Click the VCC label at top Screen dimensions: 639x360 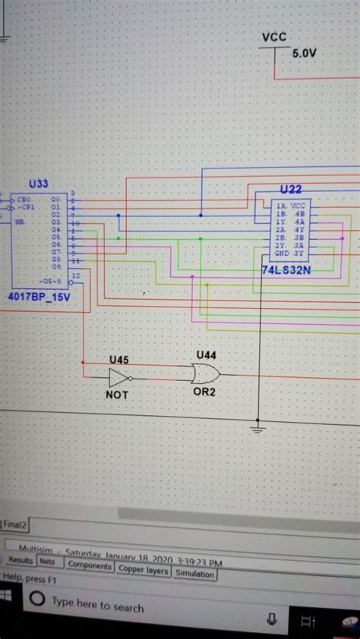pyautogui.click(x=273, y=37)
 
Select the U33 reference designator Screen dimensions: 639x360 pyautogui.click(x=38, y=184)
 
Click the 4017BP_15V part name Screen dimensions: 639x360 pyautogui.click(x=39, y=297)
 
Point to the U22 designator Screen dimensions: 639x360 pyautogui.click(x=290, y=189)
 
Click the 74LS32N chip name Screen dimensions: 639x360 pyautogui.click(x=286, y=269)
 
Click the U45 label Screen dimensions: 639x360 pyautogui.click(x=118, y=359)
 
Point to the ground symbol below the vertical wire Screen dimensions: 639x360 pyautogui.click(x=259, y=430)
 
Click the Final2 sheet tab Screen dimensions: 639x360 pyautogui.click(x=14, y=524)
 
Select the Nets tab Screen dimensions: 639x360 pyautogui.click(x=47, y=562)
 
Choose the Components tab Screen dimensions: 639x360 pyautogui.click(x=90, y=566)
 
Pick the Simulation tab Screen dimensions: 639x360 pyautogui.click(x=194, y=574)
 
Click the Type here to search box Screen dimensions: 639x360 pyautogui.click(x=97, y=606)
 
